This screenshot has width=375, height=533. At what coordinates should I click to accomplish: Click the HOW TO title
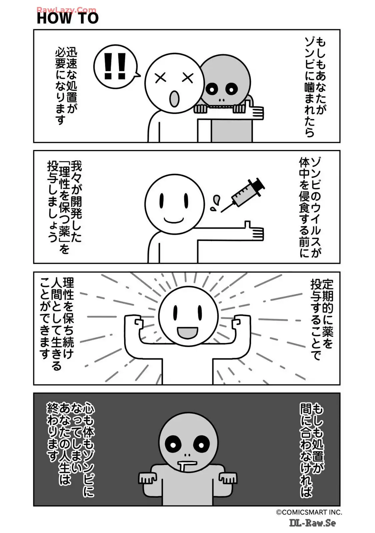[x=68, y=18]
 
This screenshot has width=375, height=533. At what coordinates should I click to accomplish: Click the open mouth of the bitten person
[x=174, y=99]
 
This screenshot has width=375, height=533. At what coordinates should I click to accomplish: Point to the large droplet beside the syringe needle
[x=216, y=200]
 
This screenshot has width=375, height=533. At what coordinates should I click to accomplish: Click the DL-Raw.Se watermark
[x=312, y=523]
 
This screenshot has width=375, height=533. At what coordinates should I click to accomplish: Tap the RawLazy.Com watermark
[x=66, y=10]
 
